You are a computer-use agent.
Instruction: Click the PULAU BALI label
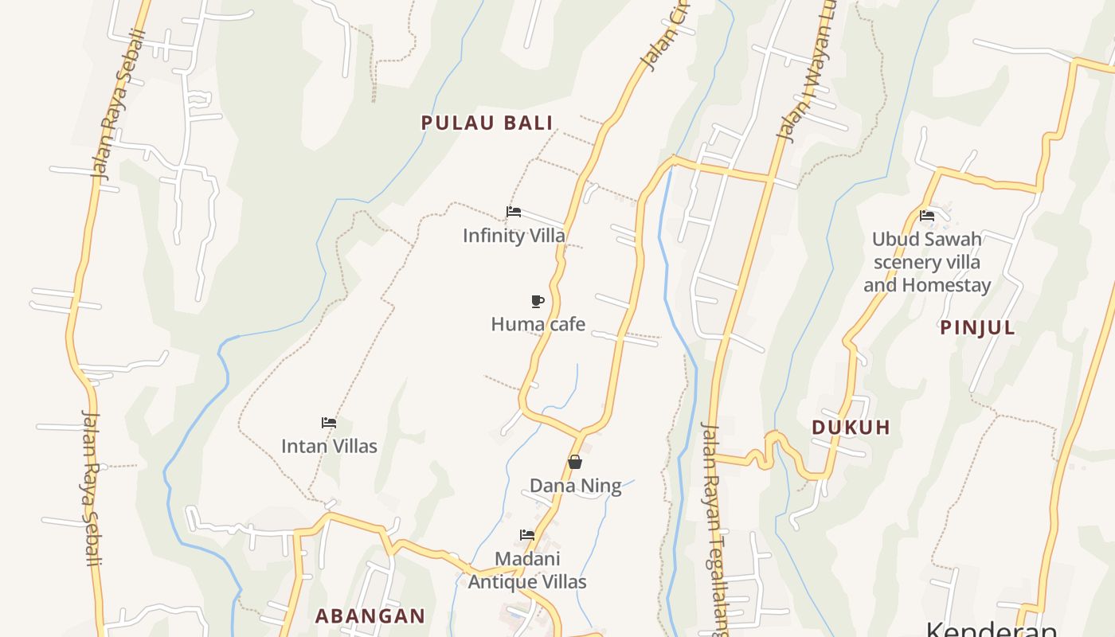point(487,123)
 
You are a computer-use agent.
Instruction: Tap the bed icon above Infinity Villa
point(514,212)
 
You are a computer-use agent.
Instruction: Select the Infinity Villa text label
point(514,236)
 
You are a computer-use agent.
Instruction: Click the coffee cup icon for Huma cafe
point(538,301)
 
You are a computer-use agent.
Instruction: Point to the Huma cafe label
point(538,324)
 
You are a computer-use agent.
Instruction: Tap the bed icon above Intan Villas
point(328,423)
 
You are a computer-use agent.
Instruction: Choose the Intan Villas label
point(329,446)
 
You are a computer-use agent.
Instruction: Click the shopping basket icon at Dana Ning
point(575,462)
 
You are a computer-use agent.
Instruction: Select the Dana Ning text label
point(575,486)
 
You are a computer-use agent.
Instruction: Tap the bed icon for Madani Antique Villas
point(526,535)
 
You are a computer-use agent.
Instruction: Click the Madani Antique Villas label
point(527,570)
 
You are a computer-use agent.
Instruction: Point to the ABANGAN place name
point(370,616)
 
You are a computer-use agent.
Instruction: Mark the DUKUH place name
point(851,428)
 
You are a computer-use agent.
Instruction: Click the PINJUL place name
point(978,327)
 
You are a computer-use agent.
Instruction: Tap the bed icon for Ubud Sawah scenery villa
point(926,216)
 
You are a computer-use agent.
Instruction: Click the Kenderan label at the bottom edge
point(992,629)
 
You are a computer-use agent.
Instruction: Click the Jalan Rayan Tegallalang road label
point(714,526)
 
